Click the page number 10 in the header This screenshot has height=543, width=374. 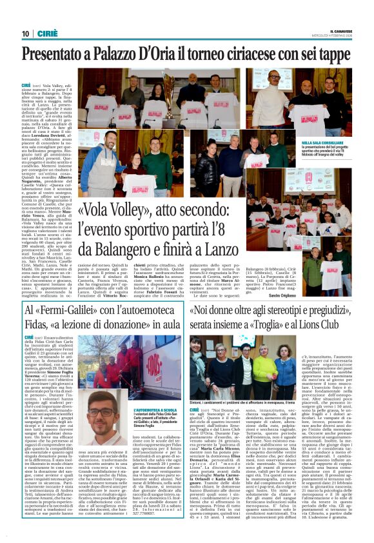26,34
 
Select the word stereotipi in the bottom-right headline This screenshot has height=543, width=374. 299,313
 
